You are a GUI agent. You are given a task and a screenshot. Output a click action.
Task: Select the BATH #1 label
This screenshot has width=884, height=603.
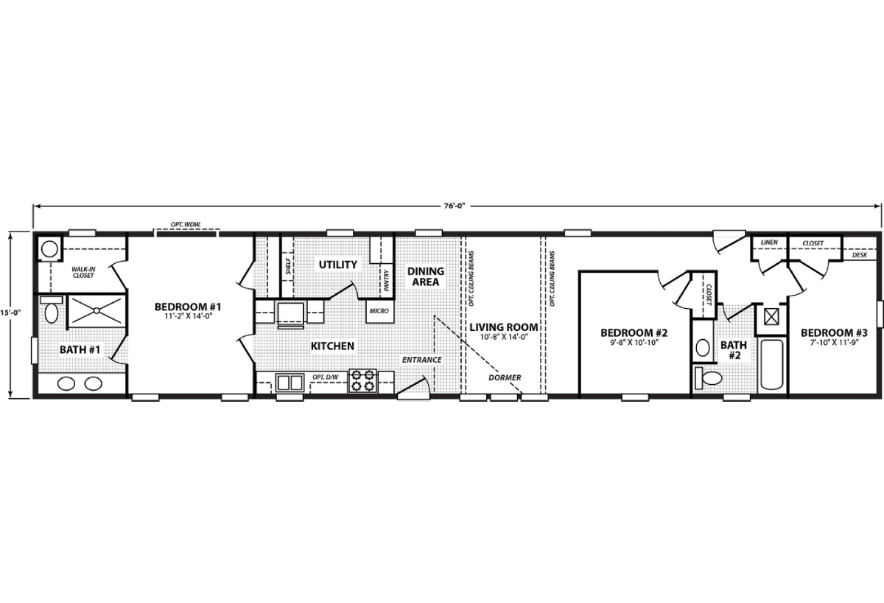(x=80, y=348)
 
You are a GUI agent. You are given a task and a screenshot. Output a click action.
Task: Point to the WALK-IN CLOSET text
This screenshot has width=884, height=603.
(x=83, y=273)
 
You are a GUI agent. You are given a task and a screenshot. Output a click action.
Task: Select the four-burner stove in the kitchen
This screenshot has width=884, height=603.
(x=362, y=381)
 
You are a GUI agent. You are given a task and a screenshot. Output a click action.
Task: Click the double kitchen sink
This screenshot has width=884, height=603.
(x=290, y=382)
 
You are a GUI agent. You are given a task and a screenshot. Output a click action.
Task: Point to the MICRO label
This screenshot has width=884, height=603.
(x=379, y=311)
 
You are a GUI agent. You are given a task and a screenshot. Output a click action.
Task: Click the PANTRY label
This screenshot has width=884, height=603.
(x=386, y=280)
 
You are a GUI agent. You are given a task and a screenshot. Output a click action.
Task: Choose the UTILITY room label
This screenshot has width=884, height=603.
(x=337, y=264)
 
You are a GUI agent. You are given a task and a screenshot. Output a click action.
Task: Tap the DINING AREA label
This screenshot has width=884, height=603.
(x=426, y=276)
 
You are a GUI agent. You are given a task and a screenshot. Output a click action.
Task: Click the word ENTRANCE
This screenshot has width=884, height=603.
(x=421, y=360)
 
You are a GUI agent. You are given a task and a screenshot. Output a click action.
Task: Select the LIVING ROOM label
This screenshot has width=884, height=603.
(x=504, y=327)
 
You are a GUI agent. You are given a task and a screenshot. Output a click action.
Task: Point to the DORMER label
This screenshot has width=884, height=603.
(x=505, y=377)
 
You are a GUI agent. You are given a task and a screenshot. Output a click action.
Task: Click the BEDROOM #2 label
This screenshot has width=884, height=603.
(x=634, y=332)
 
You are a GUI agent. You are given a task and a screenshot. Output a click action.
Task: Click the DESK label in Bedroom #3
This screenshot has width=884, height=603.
(x=859, y=255)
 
